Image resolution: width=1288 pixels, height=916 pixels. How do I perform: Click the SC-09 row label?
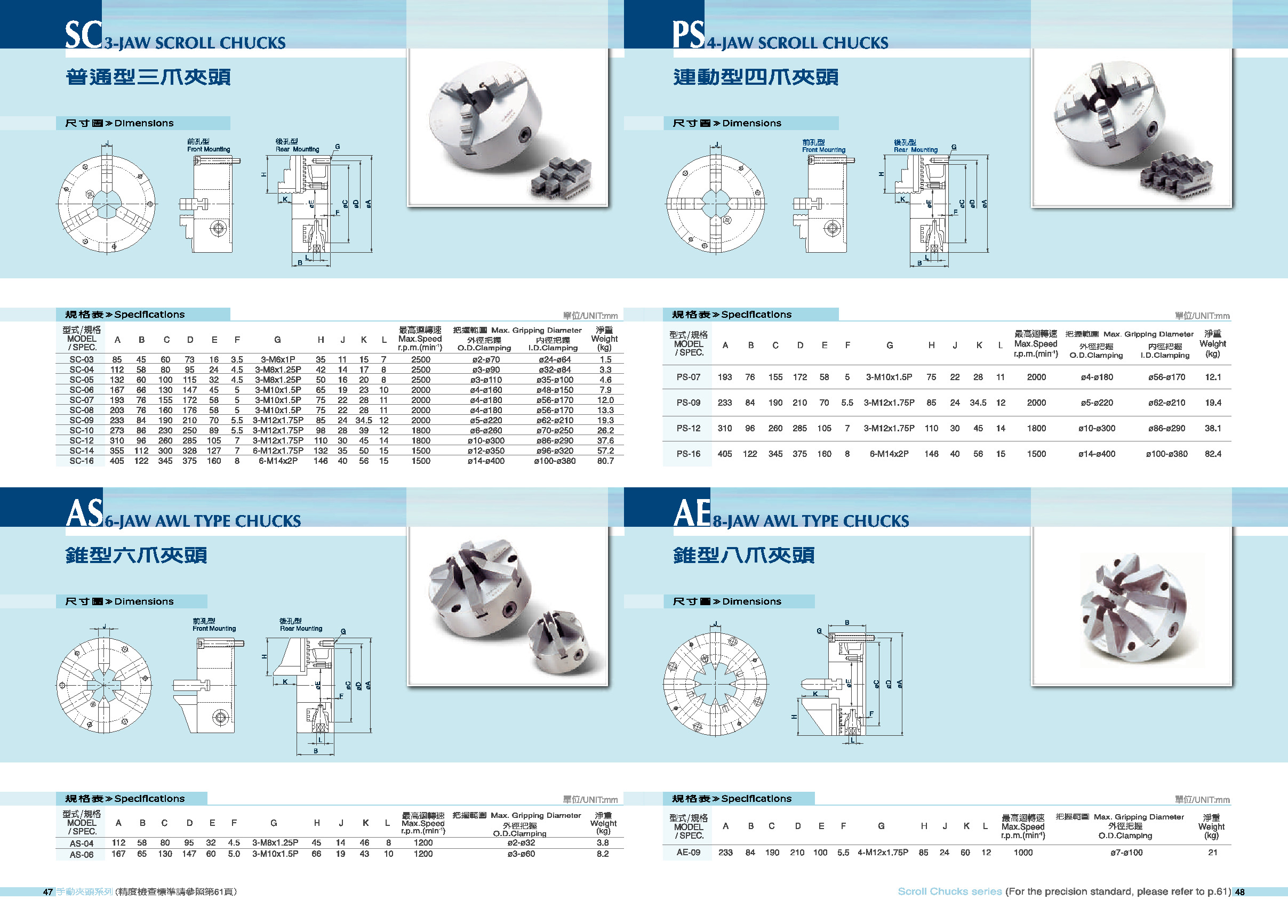coord(81,420)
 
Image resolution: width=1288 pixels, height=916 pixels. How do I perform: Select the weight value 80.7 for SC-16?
coord(605,461)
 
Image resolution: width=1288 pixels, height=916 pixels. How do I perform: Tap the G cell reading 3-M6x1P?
coord(277,359)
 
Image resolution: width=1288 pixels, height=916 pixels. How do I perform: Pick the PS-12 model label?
coord(689,428)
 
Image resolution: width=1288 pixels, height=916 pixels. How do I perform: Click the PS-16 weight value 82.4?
coord(1212,454)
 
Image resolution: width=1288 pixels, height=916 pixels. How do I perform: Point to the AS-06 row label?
coord(81,855)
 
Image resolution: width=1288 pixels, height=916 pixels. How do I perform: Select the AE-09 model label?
coord(689,852)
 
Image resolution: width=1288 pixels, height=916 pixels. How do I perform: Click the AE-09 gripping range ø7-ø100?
coord(1126,852)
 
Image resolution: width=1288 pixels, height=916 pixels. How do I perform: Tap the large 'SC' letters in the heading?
coord(84,35)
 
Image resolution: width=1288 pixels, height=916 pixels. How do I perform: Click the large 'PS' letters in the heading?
coord(689,35)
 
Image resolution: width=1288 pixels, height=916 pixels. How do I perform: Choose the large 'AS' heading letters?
coord(85,513)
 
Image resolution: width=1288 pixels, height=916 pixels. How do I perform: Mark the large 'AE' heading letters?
coord(692,513)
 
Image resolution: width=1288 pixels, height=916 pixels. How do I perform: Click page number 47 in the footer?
coord(48,892)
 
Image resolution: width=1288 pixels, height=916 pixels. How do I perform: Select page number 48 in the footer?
coord(1239,892)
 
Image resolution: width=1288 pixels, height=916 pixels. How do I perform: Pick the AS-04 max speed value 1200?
coord(422,842)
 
